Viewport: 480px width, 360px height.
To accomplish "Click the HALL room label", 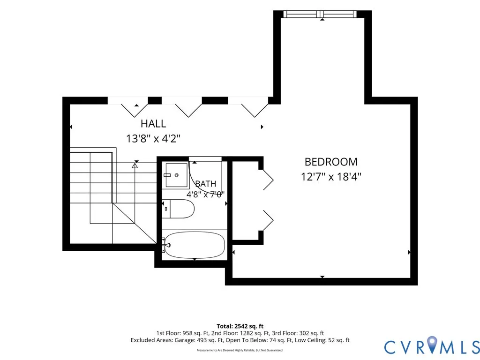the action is [x=153, y=124].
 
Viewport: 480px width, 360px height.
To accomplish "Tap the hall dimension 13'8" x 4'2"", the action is [x=153, y=139].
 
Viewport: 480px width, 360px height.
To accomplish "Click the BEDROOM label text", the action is [x=331, y=162].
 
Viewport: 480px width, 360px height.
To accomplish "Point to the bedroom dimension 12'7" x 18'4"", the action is [x=331, y=177].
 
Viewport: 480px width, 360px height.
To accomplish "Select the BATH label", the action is [x=206, y=184].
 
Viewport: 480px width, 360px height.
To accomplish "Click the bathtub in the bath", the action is [x=194, y=245].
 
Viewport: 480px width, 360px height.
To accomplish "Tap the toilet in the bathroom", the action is [x=178, y=209].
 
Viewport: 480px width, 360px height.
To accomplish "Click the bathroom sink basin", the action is [x=177, y=175].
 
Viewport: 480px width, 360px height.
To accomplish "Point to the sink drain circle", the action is [x=177, y=175].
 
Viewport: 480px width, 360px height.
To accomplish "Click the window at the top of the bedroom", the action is [x=320, y=14].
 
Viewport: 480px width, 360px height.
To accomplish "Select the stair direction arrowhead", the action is [x=135, y=165].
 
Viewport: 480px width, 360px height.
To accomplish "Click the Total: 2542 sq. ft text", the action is [x=240, y=326].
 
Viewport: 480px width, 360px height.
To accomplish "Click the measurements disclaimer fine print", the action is [x=240, y=350].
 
